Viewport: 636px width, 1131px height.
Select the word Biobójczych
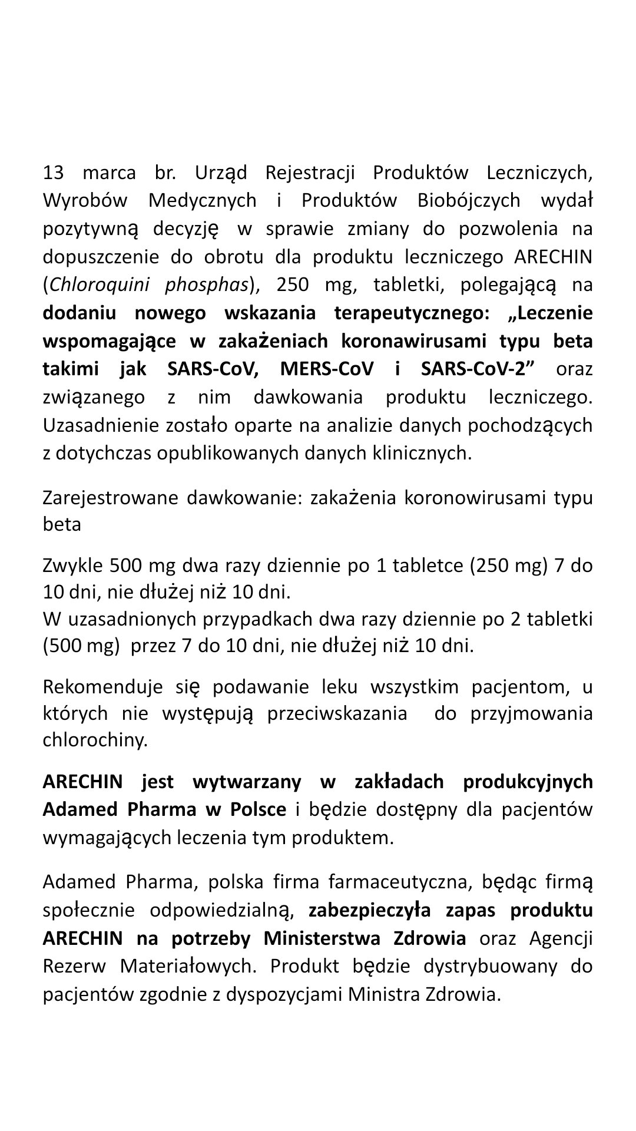tap(469, 201)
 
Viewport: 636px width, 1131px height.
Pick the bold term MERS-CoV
tap(327, 369)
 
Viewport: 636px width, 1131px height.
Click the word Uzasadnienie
tap(101, 425)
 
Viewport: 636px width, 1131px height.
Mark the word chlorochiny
tap(95, 740)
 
